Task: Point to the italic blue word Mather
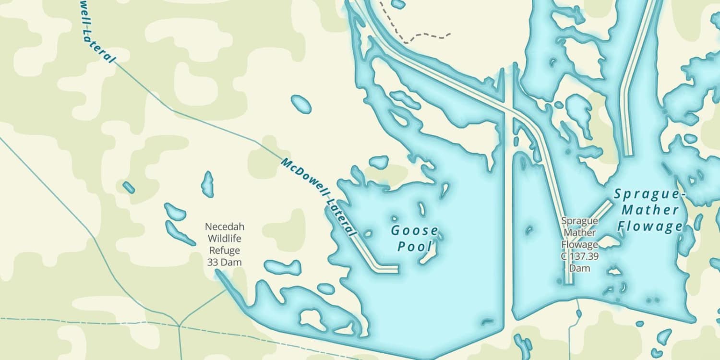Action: [x=650, y=210]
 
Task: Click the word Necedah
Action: [x=224, y=227]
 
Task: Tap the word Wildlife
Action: [x=224, y=239]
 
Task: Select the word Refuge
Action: [x=224, y=251]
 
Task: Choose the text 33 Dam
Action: [x=224, y=263]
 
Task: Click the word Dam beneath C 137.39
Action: [x=579, y=268]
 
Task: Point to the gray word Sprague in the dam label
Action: [x=579, y=221]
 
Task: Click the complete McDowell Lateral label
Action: [x=319, y=196]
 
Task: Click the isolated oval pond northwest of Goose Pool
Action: [x=301, y=104]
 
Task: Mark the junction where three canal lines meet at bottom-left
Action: [x=179, y=326]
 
